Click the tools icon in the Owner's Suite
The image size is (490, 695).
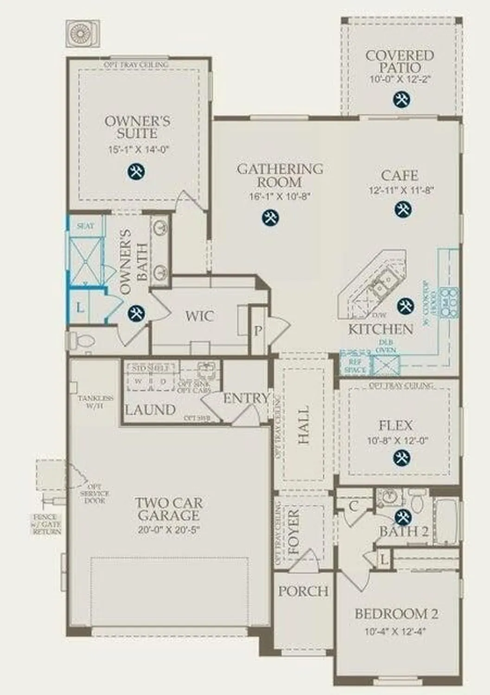[136, 171]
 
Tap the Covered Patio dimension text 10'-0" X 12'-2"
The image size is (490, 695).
[401, 79]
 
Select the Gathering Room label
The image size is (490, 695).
[280, 175]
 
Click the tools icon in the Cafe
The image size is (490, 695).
[402, 209]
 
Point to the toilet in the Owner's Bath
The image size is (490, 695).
[82, 341]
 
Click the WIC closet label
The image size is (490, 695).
[199, 316]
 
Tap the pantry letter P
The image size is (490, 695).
[258, 331]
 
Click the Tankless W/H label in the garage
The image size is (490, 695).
[95, 402]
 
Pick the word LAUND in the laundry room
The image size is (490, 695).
[150, 410]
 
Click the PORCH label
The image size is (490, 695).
[303, 591]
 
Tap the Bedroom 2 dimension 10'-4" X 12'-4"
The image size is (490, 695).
[395, 631]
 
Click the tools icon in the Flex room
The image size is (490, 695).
[401, 458]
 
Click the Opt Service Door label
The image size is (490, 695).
[95, 494]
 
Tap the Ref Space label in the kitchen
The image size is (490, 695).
[356, 366]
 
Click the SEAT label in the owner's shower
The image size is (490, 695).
[85, 226]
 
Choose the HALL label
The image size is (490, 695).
[304, 425]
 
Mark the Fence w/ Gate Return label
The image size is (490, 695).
[46, 524]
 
